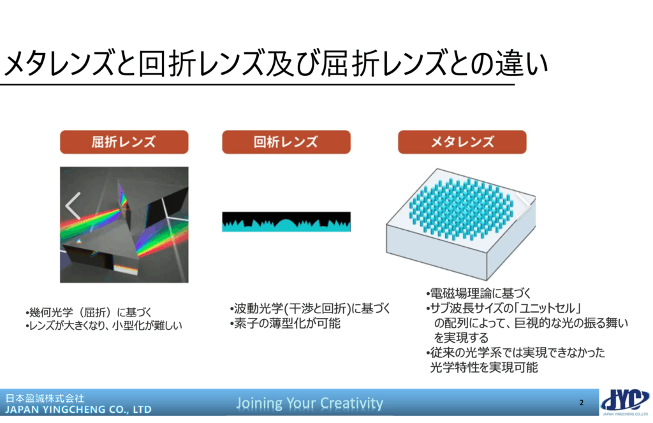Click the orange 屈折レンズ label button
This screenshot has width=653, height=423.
(x=124, y=142)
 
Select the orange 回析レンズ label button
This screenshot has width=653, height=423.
(x=286, y=142)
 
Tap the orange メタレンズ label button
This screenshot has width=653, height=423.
(x=462, y=142)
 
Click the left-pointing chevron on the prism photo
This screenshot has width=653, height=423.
(x=73, y=206)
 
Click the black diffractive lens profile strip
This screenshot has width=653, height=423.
(x=286, y=221)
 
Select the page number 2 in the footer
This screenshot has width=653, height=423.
(x=582, y=403)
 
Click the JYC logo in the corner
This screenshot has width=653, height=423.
(x=626, y=402)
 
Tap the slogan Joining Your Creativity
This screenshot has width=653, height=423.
(x=309, y=403)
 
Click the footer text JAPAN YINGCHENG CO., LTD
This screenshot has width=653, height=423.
(x=78, y=410)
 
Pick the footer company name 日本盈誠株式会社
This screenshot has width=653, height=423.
(x=45, y=398)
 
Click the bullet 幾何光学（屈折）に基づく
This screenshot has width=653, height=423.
(x=88, y=312)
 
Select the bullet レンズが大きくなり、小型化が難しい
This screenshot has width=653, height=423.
(x=104, y=325)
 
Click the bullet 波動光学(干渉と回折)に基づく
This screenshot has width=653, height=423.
(x=311, y=308)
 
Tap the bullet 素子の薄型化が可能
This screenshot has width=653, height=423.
(x=285, y=323)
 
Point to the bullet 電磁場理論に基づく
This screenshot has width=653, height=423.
(x=478, y=293)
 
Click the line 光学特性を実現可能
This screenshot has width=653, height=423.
(x=484, y=367)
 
